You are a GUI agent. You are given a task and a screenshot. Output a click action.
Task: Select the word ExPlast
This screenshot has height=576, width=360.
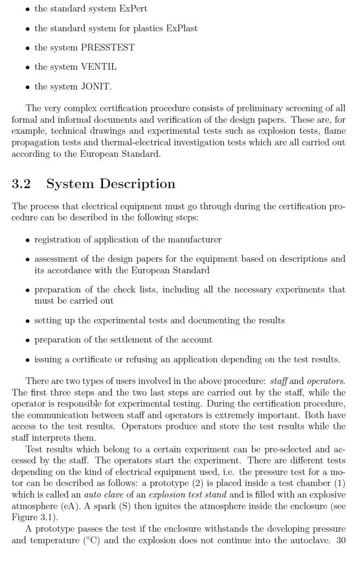[x=181, y=28]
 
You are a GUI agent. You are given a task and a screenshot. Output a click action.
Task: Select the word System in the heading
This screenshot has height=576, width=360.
[x=70, y=184]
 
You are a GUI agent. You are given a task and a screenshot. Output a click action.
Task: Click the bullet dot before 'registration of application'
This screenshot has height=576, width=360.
[x=28, y=240]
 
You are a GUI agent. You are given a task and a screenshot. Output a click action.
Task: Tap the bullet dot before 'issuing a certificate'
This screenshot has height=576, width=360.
[x=28, y=360]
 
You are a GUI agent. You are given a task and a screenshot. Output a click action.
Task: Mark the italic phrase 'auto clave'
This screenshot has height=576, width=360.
[x=103, y=495]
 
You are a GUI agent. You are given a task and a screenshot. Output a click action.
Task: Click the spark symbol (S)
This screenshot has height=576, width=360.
[x=130, y=506]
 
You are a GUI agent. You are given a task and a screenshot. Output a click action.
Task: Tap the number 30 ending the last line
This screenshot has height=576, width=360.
[x=341, y=540]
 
